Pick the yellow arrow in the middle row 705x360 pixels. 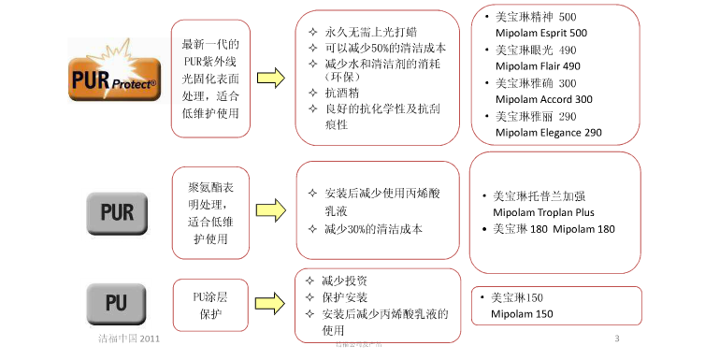271,211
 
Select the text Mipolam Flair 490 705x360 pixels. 538,66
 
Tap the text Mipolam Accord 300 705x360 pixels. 543,99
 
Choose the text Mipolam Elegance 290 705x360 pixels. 548,133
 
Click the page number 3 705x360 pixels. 616,338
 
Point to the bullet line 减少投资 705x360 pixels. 344,281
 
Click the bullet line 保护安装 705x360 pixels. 344,297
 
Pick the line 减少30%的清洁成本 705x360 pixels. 373,229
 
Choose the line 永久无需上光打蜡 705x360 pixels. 370,32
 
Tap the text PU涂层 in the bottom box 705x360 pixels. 210,296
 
